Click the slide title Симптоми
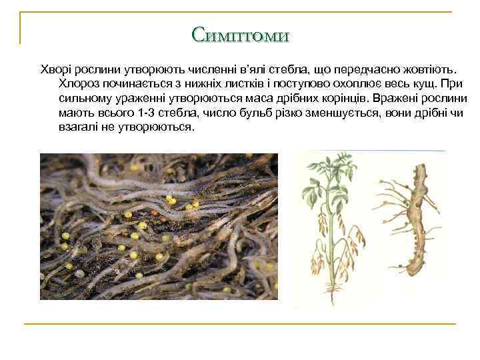click(240, 34)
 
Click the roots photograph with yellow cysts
click(159, 226)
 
